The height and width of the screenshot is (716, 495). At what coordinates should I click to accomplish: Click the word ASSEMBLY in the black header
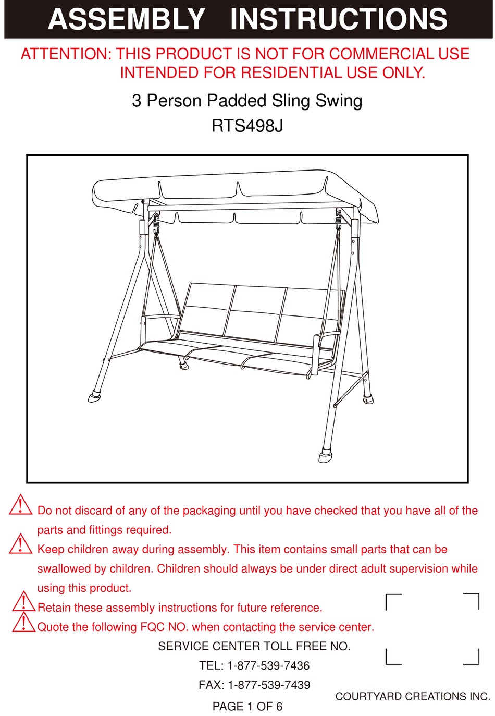pos(127,19)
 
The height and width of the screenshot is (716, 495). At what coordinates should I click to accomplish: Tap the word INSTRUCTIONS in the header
pos(339,19)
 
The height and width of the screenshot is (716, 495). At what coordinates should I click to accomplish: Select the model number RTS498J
pos(247,126)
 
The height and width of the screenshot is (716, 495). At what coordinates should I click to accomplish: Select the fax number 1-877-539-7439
pos(268,685)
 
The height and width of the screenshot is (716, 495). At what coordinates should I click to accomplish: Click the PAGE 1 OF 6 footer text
pos(247,707)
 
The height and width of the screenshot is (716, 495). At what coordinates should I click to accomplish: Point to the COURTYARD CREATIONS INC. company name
pos(413,697)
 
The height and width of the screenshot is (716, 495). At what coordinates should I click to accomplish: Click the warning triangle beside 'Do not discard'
pos(21,505)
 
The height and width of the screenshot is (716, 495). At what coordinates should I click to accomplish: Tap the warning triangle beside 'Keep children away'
pos(21,544)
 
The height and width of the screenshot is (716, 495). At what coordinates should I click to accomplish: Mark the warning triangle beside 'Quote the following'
pos(24,623)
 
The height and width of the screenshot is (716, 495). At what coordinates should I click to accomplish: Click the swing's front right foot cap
pos(326,456)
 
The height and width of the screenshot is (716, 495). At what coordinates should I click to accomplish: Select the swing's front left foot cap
pos(95,397)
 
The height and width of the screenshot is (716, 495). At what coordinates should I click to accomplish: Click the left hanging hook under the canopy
pos(156,223)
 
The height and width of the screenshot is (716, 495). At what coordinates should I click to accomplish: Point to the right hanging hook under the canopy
pos(338,222)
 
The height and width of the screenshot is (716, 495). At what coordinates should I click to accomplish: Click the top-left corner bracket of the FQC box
pos(393,601)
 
